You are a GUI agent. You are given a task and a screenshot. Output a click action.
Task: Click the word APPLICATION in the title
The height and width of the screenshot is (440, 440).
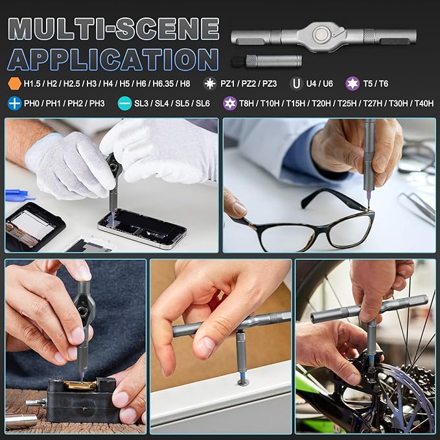113,60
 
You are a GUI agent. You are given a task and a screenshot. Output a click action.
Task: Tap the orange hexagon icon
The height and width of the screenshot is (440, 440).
14,83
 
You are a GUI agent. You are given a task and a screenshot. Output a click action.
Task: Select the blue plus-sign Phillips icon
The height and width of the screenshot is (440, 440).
14,103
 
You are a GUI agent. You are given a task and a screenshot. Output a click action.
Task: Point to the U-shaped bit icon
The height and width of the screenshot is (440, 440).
295,83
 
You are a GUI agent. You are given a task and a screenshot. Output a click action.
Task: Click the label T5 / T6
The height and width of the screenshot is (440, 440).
376,83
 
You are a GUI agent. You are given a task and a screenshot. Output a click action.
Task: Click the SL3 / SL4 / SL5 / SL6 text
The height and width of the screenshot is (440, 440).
172,103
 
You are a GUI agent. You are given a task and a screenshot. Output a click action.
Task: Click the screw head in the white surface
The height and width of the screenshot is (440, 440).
243,382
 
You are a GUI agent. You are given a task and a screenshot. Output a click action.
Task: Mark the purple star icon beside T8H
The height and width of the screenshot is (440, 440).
229,103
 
